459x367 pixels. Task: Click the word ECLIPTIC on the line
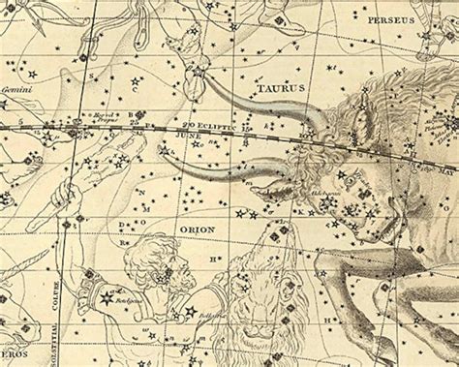[214, 126]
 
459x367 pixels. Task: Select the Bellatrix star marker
[189, 313]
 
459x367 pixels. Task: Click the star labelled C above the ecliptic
[135, 86]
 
